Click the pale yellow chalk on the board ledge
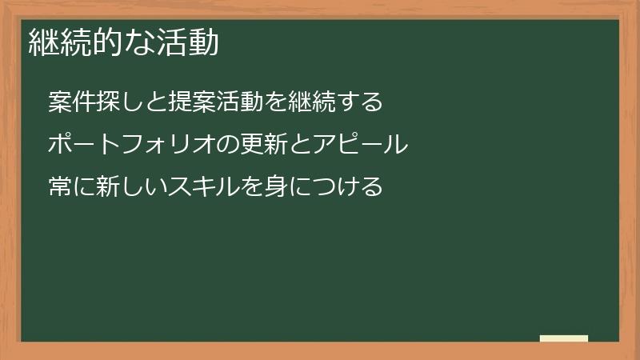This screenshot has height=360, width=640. pos(563,338)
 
